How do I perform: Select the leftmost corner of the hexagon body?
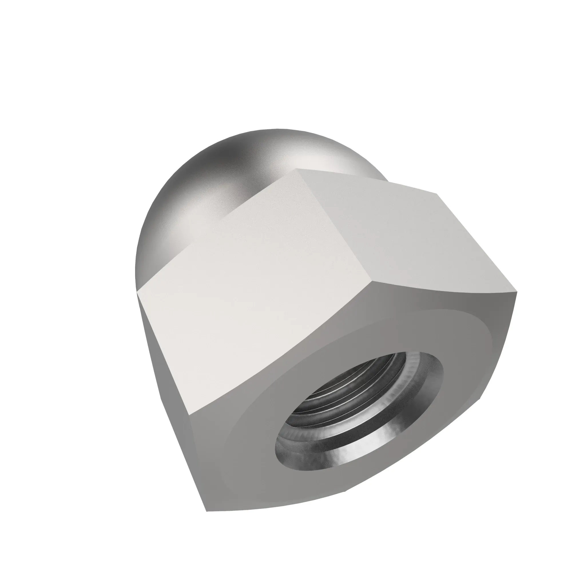tap(138, 294)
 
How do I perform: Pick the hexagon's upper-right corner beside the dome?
tap(437, 194)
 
